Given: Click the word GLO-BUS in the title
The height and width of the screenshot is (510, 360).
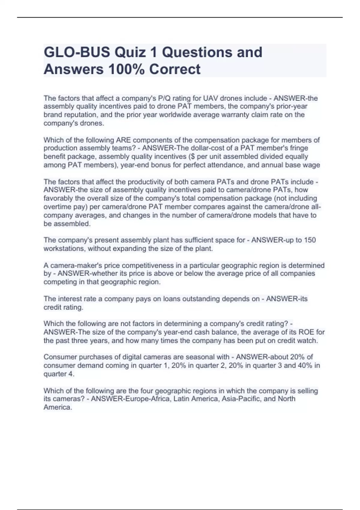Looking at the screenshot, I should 77,52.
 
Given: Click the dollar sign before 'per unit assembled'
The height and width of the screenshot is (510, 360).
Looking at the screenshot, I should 191,157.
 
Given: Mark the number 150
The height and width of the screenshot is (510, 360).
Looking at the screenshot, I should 310,240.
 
